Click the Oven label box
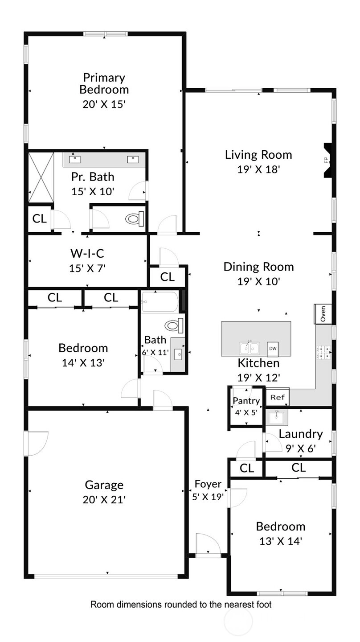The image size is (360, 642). [323, 314]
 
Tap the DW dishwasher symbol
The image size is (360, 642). [273, 349]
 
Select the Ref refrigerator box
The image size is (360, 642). [278, 397]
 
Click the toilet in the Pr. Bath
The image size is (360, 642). [135, 219]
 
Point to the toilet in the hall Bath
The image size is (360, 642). [174, 325]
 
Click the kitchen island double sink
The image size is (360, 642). [250, 348]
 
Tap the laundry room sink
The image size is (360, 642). [276, 418]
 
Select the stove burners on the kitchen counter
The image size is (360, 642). [323, 353]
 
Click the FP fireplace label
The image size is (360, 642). [327, 160]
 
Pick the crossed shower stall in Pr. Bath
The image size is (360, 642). [41, 177]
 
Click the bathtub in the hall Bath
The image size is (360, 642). [160, 301]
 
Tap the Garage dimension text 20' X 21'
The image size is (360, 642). [104, 500]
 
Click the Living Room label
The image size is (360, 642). [258, 155]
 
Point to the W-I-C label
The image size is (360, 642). [87, 253]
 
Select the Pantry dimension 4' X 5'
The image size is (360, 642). [246, 413]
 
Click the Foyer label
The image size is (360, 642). [208, 484]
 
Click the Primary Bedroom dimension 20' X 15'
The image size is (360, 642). [104, 104]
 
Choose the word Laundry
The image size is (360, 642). [301, 435]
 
